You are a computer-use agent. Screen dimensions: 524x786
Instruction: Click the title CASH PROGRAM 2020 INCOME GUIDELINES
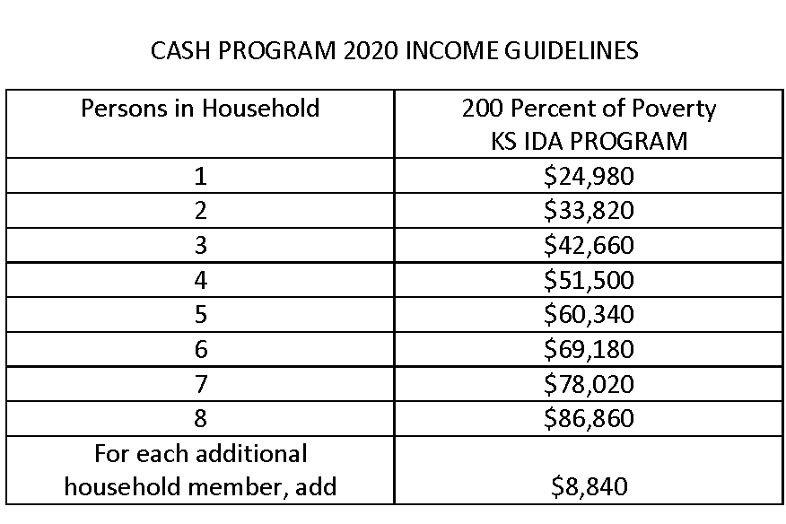[x=395, y=51]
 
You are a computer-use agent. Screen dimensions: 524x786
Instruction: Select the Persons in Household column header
[x=200, y=109]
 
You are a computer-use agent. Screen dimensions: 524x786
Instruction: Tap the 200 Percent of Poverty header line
[x=589, y=109]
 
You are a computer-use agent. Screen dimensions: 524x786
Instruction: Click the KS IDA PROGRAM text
[x=589, y=141]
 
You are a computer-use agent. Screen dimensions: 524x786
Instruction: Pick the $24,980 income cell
[x=589, y=176]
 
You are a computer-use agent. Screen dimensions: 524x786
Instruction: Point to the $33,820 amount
[x=589, y=211]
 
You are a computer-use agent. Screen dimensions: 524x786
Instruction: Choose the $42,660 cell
[x=589, y=245]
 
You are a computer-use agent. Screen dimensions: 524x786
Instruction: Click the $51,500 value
[x=589, y=280]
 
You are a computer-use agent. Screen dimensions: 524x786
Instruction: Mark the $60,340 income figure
[x=589, y=314]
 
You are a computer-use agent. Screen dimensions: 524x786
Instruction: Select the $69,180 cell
[x=589, y=349]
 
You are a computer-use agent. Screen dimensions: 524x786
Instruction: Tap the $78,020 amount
[x=589, y=384]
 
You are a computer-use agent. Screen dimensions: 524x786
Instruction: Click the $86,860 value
[x=589, y=418]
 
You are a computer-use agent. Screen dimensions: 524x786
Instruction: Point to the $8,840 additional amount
[x=589, y=487]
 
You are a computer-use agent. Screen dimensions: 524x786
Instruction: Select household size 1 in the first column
[x=200, y=176]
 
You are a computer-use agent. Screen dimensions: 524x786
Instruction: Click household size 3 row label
[x=200, y=245]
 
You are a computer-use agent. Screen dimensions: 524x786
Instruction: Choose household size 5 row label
[x=200, y=314]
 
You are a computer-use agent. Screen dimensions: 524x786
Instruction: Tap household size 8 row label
[x=200, y=418]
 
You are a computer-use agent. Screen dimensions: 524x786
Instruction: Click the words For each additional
[x=200, y=453]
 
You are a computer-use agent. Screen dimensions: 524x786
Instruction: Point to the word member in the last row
[x=248, y=487]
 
